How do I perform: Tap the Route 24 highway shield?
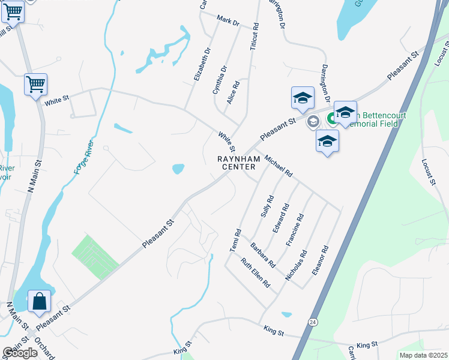[x=313, y=322]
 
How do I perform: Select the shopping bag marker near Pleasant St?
[x=39, y=302]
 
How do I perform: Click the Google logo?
[x=20, y=353]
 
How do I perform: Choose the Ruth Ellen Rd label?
[x=256, y=272]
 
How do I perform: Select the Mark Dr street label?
[x=228, y=22]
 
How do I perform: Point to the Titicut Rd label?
[x=255, y=36]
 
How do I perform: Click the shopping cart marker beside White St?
[x=35, y=85]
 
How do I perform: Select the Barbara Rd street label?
[x=263, y=254]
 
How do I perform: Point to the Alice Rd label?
[x=233, y=93]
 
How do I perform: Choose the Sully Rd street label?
[x=267, y=206]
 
